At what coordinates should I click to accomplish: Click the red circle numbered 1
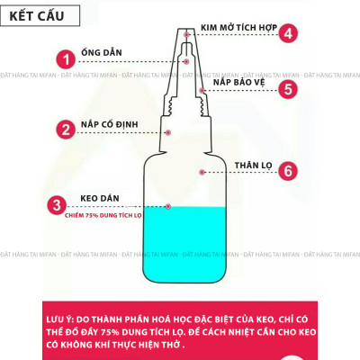coord(64,60)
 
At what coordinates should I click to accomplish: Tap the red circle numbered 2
coord(64,129)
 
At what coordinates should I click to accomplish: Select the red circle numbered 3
coord(57,205)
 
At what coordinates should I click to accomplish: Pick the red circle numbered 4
coord(288,34)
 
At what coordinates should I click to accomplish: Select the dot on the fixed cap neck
coord(168,132)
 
